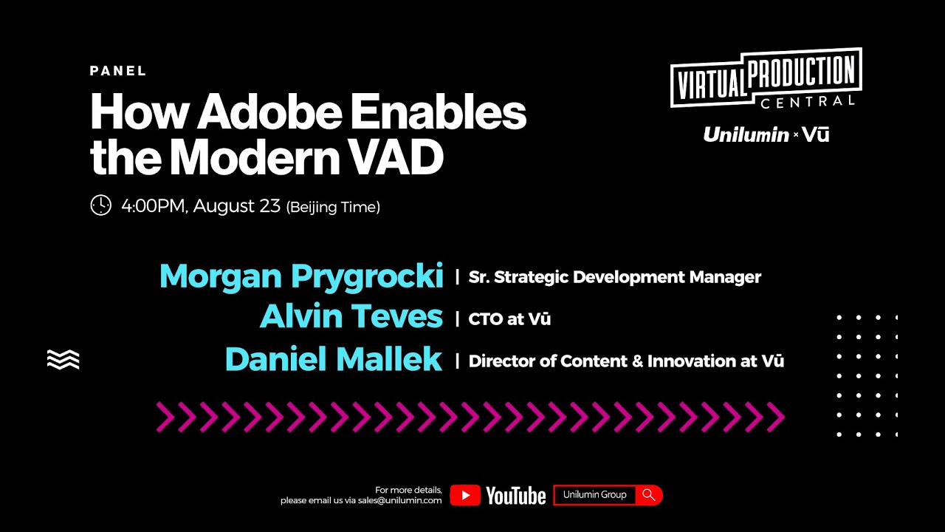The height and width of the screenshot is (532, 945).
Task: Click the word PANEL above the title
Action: click(118, 72)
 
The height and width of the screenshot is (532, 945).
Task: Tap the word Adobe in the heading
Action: click(270, 112)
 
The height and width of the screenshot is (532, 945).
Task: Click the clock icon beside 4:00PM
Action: click(100, 205)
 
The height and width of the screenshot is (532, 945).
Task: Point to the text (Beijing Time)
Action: click(333, 207)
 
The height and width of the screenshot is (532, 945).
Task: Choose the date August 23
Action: click(236, 205)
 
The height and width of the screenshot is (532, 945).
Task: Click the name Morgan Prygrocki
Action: click(301, 276)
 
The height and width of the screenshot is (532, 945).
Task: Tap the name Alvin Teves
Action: click(351, 318)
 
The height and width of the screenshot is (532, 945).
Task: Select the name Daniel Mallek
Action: click(333, 360)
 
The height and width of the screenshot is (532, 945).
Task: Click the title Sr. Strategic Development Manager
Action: click(614, 277)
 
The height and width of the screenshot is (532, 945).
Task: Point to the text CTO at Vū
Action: click(509, 319)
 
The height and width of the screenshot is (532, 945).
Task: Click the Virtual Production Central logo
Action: click(766, 78)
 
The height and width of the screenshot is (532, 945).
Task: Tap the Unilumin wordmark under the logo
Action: click(746, 134)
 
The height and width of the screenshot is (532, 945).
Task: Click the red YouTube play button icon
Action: click(465, 495)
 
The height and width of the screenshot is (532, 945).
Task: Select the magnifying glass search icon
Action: click(649, 495)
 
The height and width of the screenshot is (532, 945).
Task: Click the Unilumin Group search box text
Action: click(594, 495)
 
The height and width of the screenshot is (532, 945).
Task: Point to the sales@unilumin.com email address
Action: click(399, 500)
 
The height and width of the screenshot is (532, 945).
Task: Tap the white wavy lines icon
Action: click(63, 359)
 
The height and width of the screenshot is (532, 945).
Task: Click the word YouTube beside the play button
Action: click(515, 496)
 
